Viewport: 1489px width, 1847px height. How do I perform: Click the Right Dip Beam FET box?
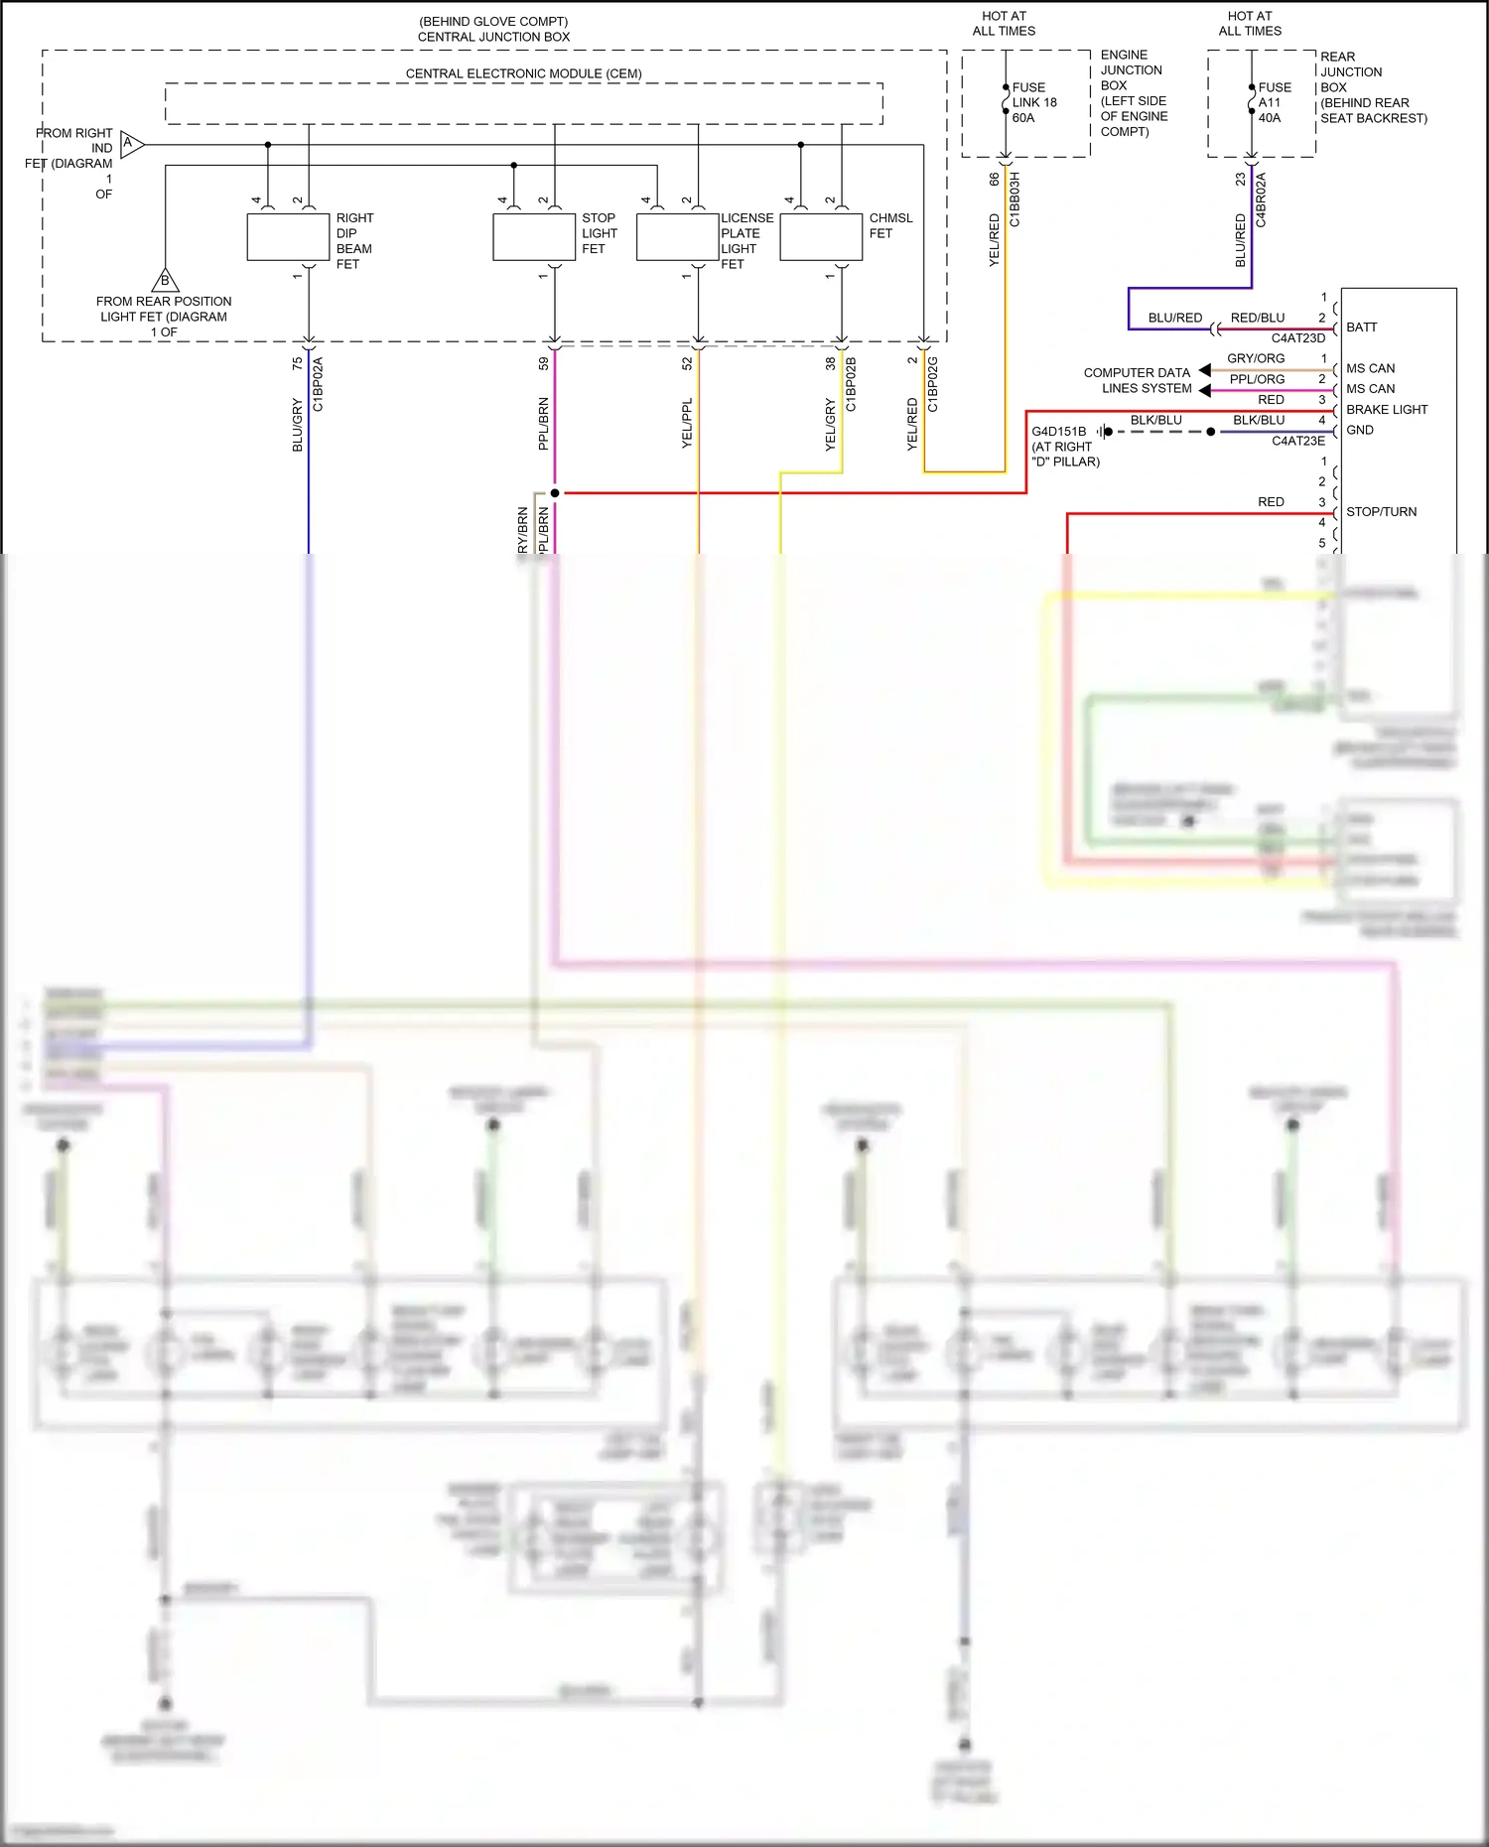(288, 238)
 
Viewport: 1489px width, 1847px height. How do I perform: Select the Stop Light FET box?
(534, 238)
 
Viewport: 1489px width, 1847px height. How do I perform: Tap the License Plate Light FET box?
(677, 238)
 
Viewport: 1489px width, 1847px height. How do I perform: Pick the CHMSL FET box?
(821, 238)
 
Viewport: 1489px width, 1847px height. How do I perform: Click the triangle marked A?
(132, 145)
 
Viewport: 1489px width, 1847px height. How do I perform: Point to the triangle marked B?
(165, 281)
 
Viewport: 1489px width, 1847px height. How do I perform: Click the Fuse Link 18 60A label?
(1034, 102)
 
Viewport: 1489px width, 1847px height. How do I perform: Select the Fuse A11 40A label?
(1275, 102)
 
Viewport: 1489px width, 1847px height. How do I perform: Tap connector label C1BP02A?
(318, 385)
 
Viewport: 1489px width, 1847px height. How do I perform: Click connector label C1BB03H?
(1015, 199)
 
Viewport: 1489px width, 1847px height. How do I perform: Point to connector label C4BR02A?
(1261, 199)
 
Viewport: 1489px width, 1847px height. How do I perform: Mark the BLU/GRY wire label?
(297, 425)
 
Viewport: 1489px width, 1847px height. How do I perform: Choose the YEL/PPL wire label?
(687, 424)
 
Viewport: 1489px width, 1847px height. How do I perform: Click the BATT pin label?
(1361, 328)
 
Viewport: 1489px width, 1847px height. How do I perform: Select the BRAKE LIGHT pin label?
(1386, 410)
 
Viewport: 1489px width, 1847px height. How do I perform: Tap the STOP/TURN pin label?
(1381, 512)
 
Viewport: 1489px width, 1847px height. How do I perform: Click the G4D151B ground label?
(1059, 432)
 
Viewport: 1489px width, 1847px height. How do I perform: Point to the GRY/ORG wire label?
(1256, 358)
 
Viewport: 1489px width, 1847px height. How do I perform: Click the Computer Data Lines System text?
(1137, 380)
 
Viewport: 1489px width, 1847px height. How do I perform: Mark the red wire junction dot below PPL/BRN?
(555, 493)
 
